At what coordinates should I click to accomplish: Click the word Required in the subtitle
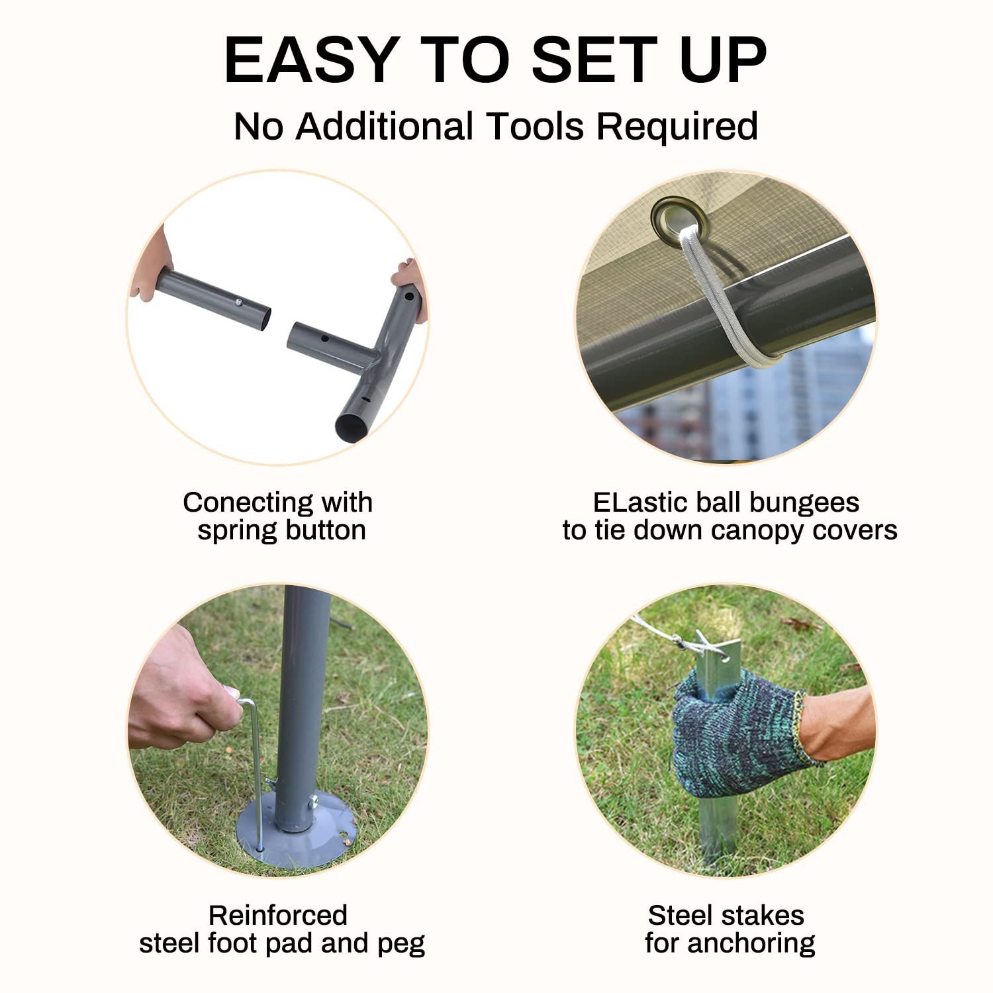point(677,127)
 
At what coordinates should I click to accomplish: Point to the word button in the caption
point(325,530)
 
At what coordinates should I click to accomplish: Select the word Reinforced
point(278,916)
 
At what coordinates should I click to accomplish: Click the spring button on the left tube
point(236,302)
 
